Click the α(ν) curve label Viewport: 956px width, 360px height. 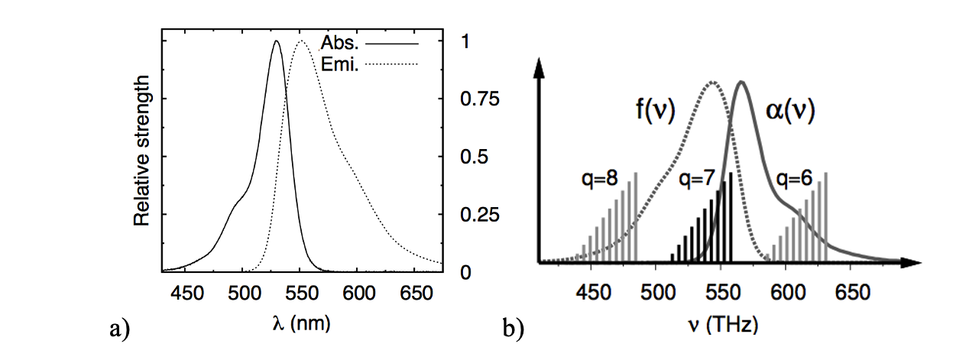790,112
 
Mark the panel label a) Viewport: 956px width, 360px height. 119,329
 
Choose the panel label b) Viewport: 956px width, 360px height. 513,329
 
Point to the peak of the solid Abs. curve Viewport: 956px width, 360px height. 276,42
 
